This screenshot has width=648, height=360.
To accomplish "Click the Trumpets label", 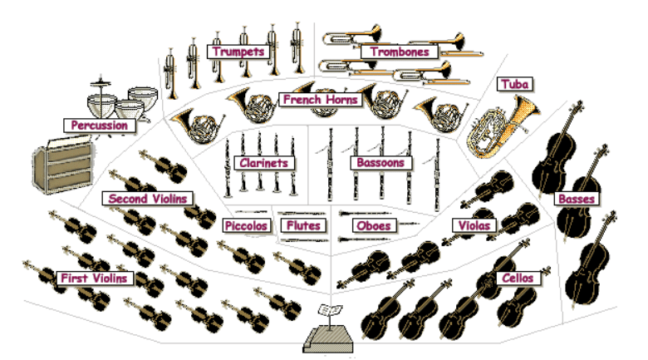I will pyautogui.click(x=238, y=52).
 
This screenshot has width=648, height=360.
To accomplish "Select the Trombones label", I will pyautogui.click(x=399, y=52).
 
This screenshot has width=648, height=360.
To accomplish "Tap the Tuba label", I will pyautogui.click(x=515, y=84).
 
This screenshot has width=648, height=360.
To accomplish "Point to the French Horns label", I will pyautogui.click(x=320, y=100).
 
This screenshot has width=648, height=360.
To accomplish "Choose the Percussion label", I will pyautogui.click(x=99, y=126).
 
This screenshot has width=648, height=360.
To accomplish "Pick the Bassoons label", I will pyautogui.click(x=380, y=163).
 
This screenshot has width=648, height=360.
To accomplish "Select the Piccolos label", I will pyautogui.click(x=246, y=225).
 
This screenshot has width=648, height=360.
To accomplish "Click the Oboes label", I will pyautogui.click(x=373, y=225).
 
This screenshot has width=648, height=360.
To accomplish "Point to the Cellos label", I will pyautogui.click(x=518, y=278).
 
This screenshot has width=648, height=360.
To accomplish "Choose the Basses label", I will pyautogui.click(x=575, y=200).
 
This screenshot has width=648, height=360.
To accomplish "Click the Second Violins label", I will pyautogui.click(x=149, y=199).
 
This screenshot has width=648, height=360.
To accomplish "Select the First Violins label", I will pyautogui.click(x=93, y=278).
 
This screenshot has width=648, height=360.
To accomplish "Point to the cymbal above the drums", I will pyautogui.click(x=102, y=81).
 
